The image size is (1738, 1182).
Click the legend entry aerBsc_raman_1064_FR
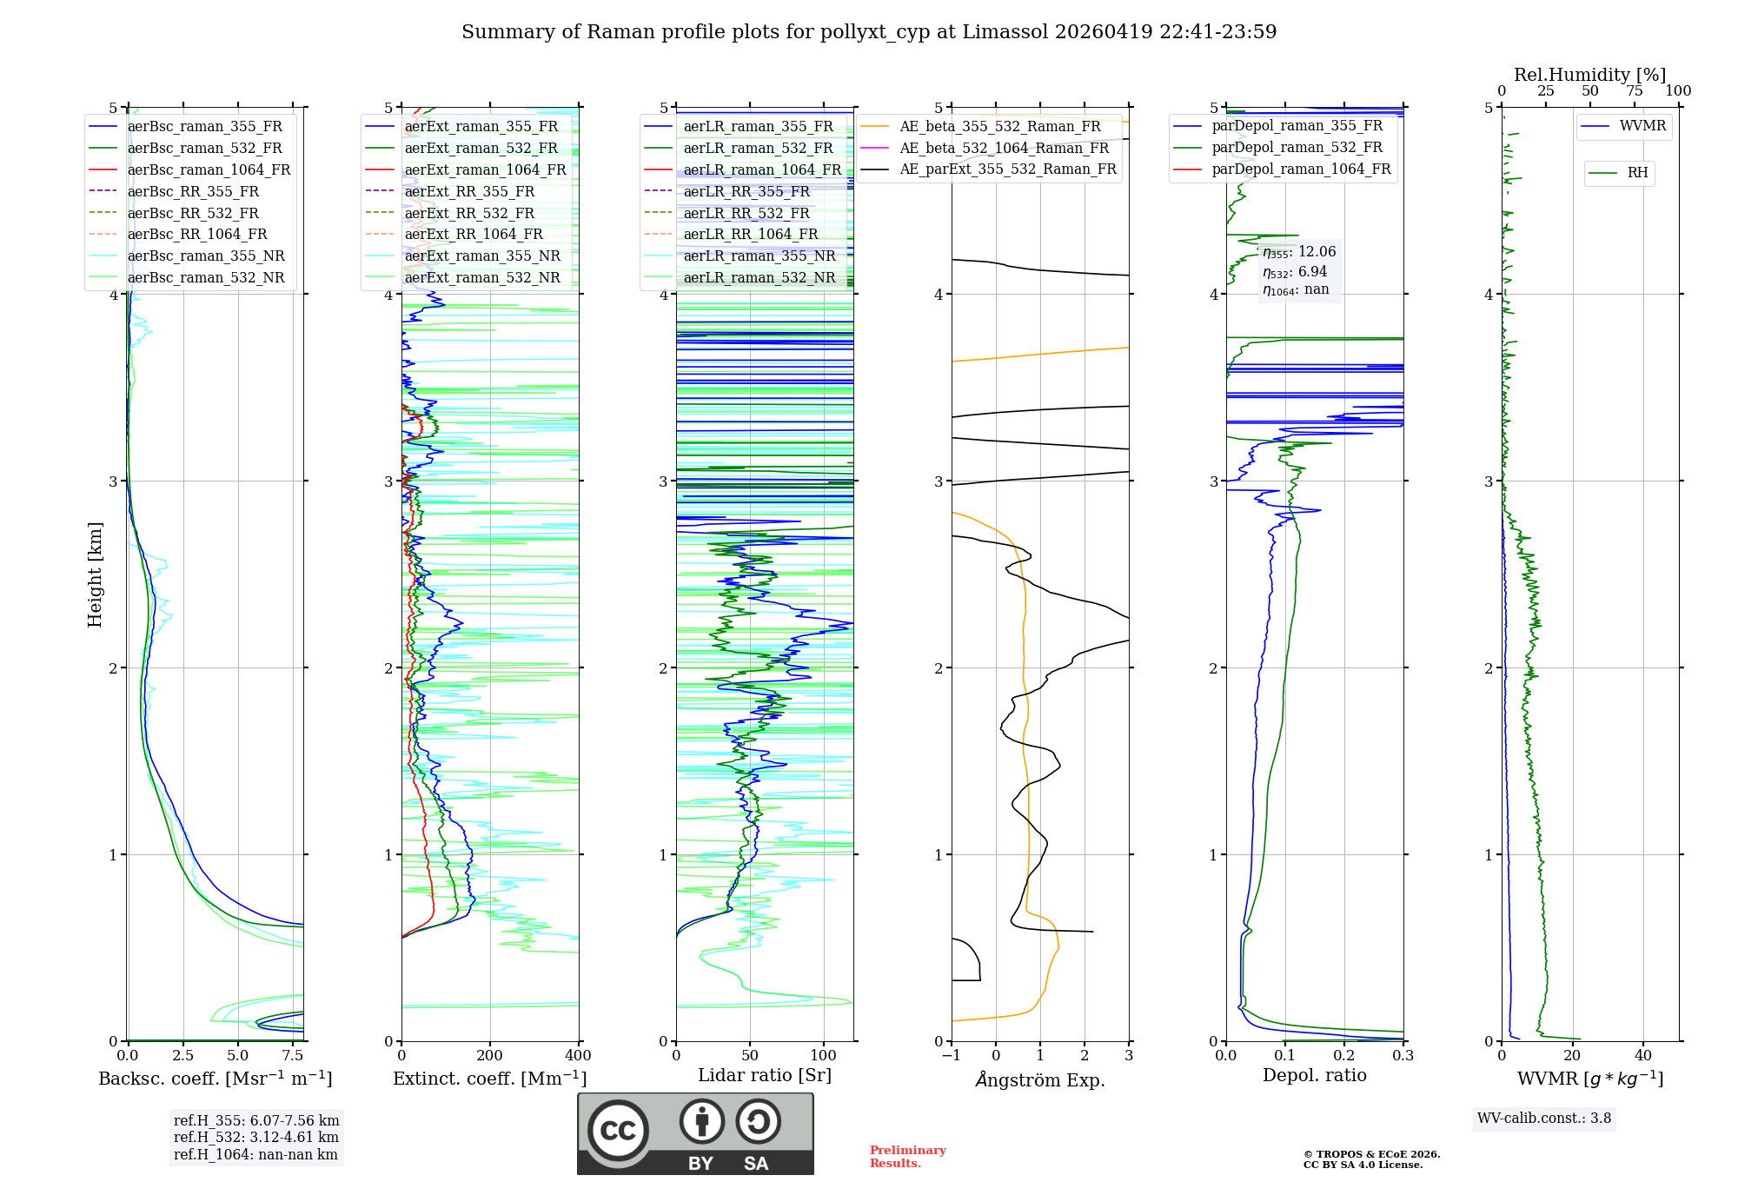[209, 169]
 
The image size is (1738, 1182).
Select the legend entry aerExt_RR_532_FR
[469, 213]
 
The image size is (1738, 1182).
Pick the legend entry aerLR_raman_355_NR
[759, 256]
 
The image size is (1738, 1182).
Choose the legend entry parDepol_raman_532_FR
[1297, 147]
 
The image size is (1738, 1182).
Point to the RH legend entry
[1637, 173]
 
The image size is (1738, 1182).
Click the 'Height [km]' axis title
[95, 574]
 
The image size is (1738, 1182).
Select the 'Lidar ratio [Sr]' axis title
[765, 1075]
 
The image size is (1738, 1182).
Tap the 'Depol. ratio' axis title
[1314, 1075]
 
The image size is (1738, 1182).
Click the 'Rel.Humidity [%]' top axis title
[1589, 75]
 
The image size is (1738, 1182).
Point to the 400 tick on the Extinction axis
[579, 1055]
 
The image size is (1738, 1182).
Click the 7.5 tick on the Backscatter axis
[293, 1055]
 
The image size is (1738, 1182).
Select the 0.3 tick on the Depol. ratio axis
[1403, 1055]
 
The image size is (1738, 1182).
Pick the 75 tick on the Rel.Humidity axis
[1634, 91]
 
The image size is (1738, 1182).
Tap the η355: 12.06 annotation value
[1299, 252]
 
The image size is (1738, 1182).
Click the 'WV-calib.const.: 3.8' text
[1544, 1119]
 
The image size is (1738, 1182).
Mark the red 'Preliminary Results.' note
[907, 1157]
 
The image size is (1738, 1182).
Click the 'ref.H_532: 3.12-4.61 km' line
[255, 1137]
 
